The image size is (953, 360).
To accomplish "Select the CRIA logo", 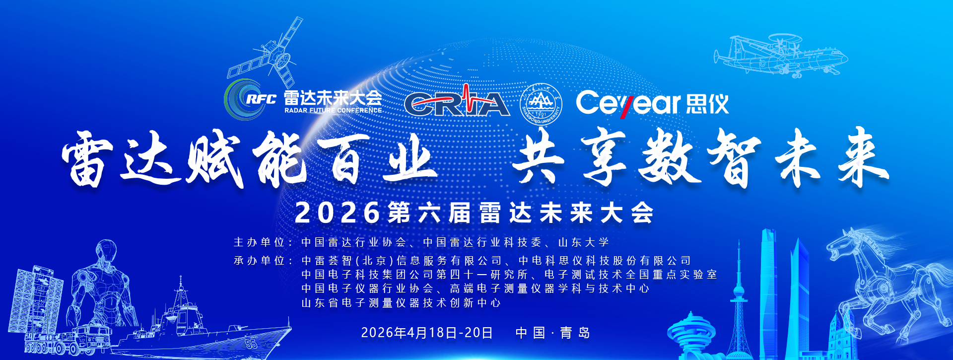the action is [x=457, y=102].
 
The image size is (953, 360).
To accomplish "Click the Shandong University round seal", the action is [x=541, y=104].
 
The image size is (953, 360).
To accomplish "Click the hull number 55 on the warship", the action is [x=252, y=343].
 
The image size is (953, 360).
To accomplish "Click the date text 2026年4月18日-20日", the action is [x=427, y=333].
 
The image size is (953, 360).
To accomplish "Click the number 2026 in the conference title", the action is [x=338, y=213].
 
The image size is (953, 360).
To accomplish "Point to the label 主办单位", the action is [x=259, y=242].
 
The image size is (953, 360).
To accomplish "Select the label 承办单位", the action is [x=259, y=261].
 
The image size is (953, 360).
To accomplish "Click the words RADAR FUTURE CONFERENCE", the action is [x=333, y=110].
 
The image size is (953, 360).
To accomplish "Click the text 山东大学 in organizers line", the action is [x=584, y=242].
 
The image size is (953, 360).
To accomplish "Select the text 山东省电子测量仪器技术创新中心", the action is [x=401, y=303].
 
